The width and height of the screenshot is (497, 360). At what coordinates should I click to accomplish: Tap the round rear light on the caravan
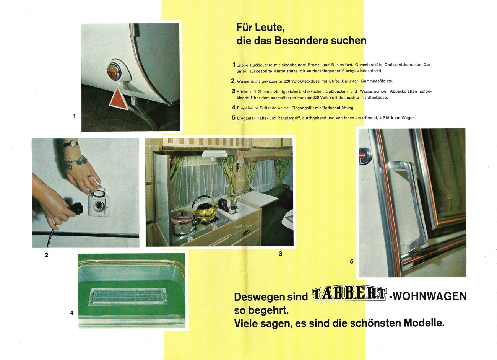(114, 71)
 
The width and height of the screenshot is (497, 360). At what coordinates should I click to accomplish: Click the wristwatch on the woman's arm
(71, 144)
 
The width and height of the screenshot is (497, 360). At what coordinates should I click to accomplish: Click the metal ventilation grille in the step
(128, 296)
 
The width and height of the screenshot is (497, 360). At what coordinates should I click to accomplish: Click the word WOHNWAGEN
(430, 296)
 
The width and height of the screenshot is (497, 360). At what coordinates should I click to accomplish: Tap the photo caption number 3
(280, 253)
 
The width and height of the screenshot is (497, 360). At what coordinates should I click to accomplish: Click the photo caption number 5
(351, 261)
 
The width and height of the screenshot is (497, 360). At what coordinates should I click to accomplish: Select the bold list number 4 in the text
(233, 108)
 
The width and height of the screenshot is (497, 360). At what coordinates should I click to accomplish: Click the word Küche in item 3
(242, 91)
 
